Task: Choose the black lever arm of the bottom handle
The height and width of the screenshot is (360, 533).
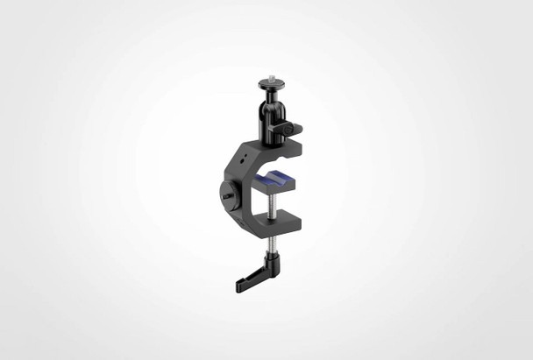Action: click(x=252, y=276)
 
